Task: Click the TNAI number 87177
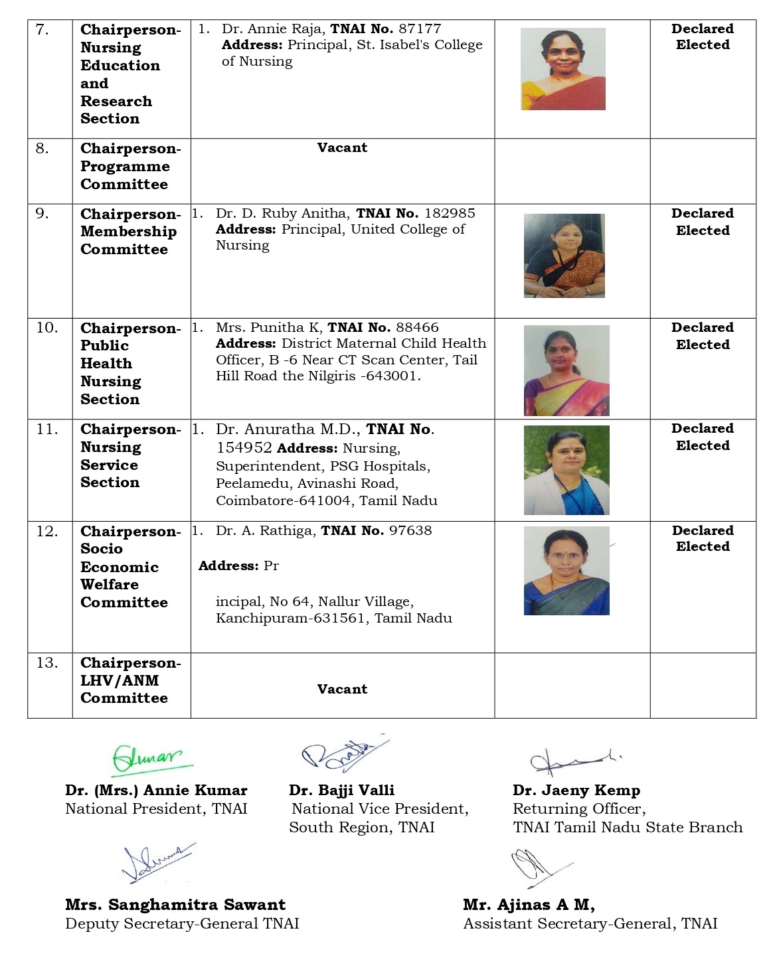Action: [419, 29]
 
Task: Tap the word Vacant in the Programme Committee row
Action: [342, 147]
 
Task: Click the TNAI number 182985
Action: [450, 213]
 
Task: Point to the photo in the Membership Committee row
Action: [564, 256]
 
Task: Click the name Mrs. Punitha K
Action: [268, 327]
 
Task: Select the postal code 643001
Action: [397, 376]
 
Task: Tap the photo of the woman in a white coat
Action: [566, 470]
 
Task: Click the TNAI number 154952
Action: [244, 448]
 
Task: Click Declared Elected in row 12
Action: [703, 538]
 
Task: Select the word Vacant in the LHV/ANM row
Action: [342, 689]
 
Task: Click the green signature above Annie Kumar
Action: [147, 758]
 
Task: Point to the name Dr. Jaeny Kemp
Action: [576, 791]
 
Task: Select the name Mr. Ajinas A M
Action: [529, 905]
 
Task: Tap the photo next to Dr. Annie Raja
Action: [563, 69]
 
